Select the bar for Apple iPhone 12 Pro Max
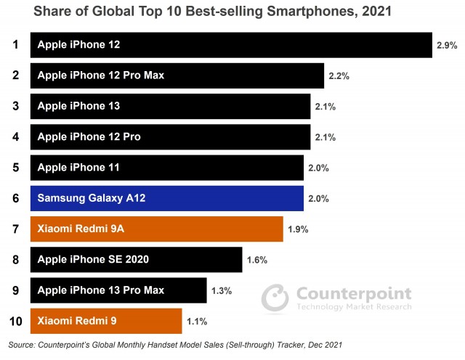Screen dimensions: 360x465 177,75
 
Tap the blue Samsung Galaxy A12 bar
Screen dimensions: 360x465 166,198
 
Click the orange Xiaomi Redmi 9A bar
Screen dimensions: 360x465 156,229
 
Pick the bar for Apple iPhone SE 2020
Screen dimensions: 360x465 136,259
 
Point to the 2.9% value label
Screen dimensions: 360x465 447,45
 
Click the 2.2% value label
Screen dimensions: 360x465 339,75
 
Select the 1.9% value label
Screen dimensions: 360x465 298,229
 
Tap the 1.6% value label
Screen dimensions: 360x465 257,260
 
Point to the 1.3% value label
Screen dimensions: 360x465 221,290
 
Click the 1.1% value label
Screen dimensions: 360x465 196,321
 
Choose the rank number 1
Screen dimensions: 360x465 15,45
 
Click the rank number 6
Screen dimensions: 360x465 15,198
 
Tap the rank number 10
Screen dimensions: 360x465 15,321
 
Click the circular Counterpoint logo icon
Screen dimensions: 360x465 275,297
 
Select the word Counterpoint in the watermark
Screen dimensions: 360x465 353,293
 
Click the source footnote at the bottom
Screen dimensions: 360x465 175,344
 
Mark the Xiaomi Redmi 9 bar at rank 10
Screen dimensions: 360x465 106,321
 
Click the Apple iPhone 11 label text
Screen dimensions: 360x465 78,168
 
